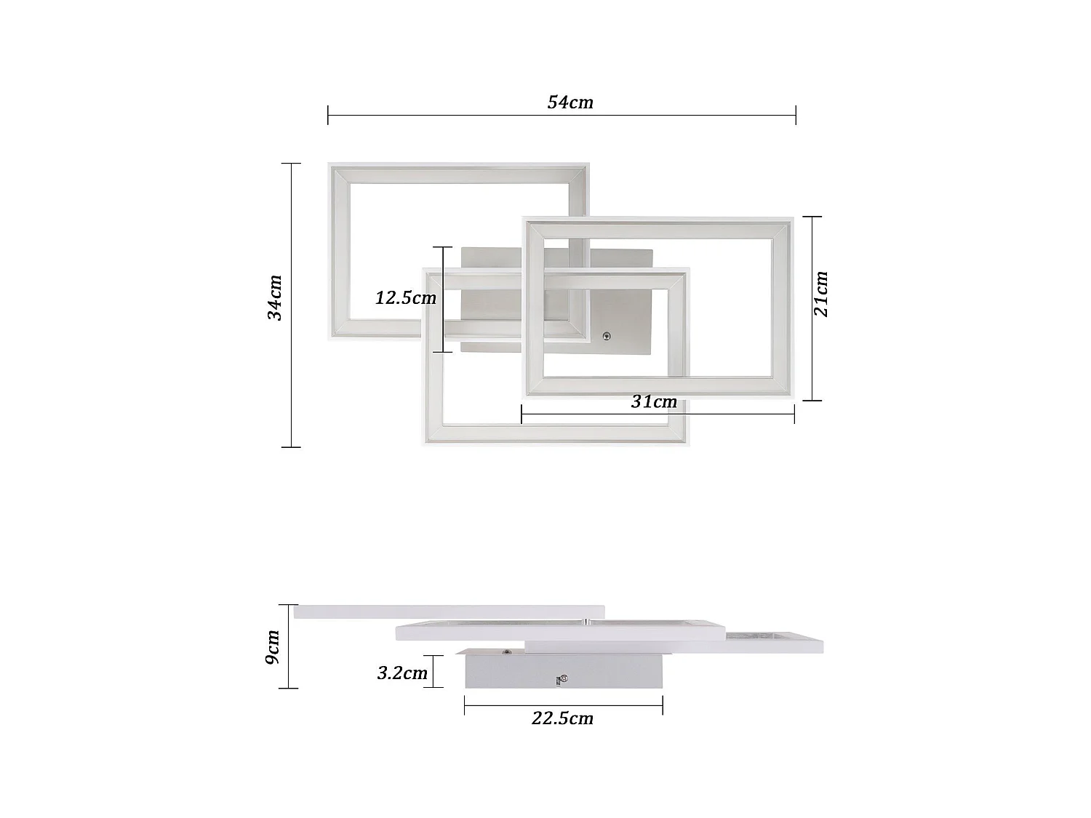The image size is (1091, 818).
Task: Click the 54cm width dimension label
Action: [x=570, y=103]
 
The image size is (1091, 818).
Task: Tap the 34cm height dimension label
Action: [x=275, y=297]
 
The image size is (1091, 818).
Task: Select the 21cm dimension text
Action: [x=820, y=294]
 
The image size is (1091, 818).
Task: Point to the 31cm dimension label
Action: [x=654, y=401]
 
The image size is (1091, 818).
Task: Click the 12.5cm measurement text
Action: [x=406, y=298]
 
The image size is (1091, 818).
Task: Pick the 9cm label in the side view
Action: [x=273, y=646]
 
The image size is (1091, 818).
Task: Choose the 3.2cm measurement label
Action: [x=402, y=673]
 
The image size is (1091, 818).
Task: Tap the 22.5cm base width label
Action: [x=562, y=718]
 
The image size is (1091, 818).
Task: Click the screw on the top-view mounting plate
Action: [x=606, y=336]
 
